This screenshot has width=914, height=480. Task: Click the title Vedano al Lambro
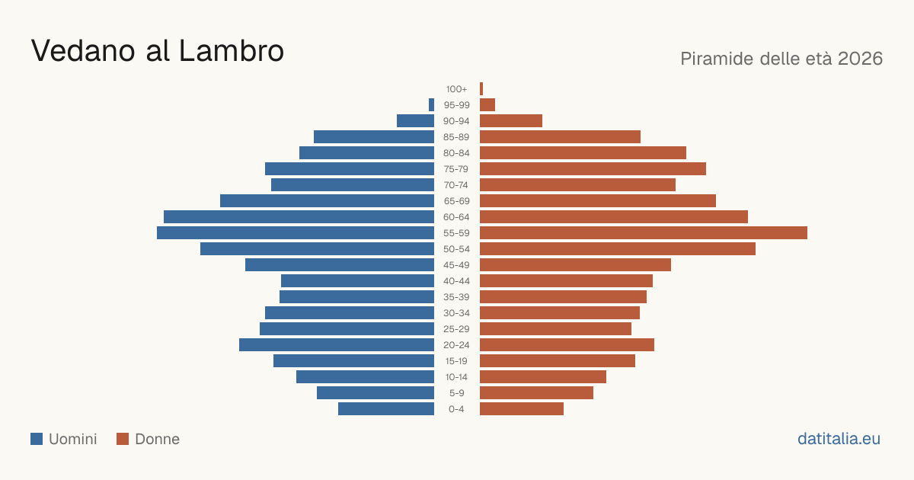158,50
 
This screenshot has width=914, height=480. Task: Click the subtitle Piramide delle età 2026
781,59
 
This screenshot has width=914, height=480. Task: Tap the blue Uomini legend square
37,439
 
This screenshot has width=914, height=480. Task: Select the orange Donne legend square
123,439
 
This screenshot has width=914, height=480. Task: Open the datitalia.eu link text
839,439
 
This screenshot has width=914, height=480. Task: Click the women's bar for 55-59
644,232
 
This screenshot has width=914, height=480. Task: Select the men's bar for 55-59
296,232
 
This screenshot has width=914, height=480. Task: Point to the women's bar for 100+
481,88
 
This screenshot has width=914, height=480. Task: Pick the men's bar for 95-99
431,105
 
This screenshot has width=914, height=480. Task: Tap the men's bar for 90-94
415,121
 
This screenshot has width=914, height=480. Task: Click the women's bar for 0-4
522,408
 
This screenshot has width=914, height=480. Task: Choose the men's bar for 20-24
337,345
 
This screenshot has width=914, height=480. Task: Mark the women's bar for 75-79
593,168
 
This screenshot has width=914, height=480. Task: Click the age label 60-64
456,217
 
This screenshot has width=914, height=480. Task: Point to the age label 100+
456,89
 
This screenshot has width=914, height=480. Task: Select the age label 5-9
456,393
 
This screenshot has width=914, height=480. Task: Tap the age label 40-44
456,281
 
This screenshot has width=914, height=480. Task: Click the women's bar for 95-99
487,105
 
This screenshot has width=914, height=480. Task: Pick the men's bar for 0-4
386,408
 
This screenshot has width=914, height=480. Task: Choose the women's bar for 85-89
561,136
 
